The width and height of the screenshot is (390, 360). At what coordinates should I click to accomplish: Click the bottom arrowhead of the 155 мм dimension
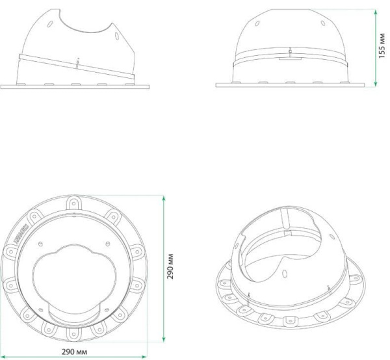(376, 84)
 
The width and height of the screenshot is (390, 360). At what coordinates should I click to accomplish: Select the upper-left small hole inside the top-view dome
(40, 245)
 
